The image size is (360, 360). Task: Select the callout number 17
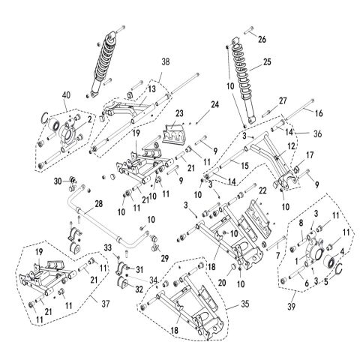[x=307, y=156]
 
